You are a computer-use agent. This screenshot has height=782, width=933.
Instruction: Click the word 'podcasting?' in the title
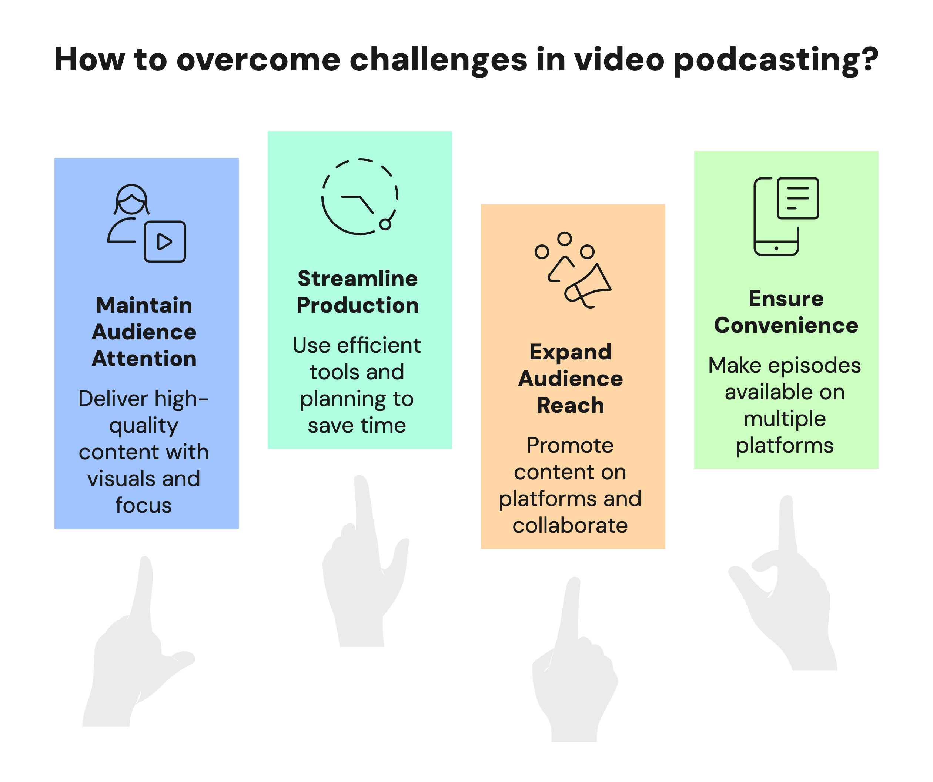(x=775, y=60)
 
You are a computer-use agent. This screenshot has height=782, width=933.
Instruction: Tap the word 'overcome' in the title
(x=258, y=60)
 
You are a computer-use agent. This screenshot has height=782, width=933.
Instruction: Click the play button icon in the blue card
(x=165, y=242)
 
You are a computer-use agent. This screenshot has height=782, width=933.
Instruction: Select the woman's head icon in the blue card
(x=131, y=200)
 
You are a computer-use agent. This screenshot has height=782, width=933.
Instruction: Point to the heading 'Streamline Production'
(x=358, y=292)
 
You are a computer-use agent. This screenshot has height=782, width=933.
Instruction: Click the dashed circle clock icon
(x=360, y=196)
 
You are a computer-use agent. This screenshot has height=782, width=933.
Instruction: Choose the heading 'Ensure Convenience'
(x=786, y=312)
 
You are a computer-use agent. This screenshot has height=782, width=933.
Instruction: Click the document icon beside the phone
(x=797, y=198)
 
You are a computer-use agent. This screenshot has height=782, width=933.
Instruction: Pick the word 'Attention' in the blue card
(x=144, y=359)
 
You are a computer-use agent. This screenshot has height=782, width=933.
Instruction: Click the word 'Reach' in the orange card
(x=571, y=406)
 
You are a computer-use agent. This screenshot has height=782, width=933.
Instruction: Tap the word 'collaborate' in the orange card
(x=570, y=526)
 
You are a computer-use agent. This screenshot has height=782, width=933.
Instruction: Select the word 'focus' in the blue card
(x=144, y=506)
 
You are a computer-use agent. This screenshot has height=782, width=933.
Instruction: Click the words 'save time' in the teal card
(x=357, y=426)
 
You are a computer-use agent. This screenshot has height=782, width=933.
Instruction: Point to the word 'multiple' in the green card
(x=785, y=419)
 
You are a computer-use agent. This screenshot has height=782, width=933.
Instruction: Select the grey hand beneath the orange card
(x=573, y=676)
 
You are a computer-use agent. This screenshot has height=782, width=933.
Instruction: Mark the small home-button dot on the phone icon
(x=776, y=248)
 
